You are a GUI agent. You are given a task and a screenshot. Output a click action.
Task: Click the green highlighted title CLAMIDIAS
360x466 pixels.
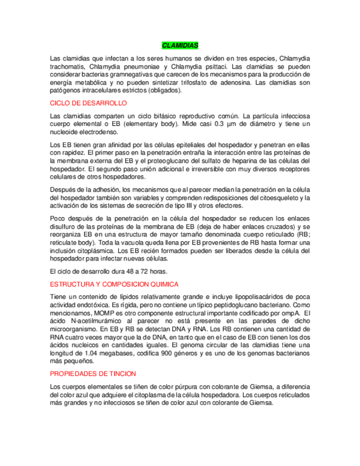180,45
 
